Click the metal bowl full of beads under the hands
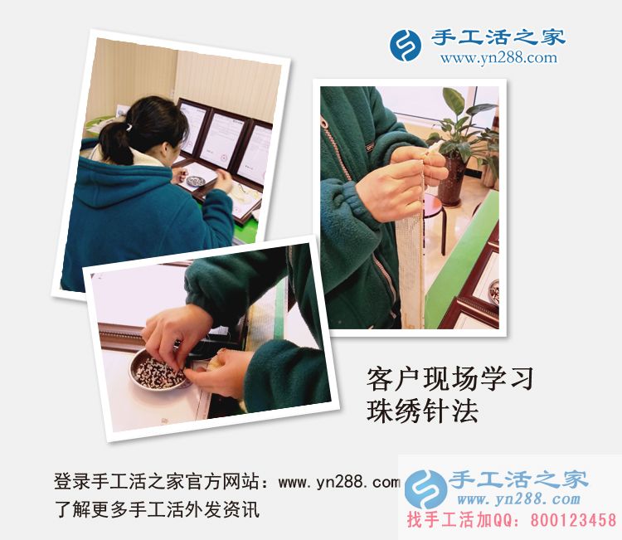coord(158,373)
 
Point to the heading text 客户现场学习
coord(449,380)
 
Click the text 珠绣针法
coord(422,411)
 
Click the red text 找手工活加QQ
coord(461,520)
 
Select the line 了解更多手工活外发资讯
coord(157,508)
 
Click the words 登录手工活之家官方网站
coord(163,482)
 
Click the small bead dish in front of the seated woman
coord(197,181)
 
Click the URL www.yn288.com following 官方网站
coord(339,482)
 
